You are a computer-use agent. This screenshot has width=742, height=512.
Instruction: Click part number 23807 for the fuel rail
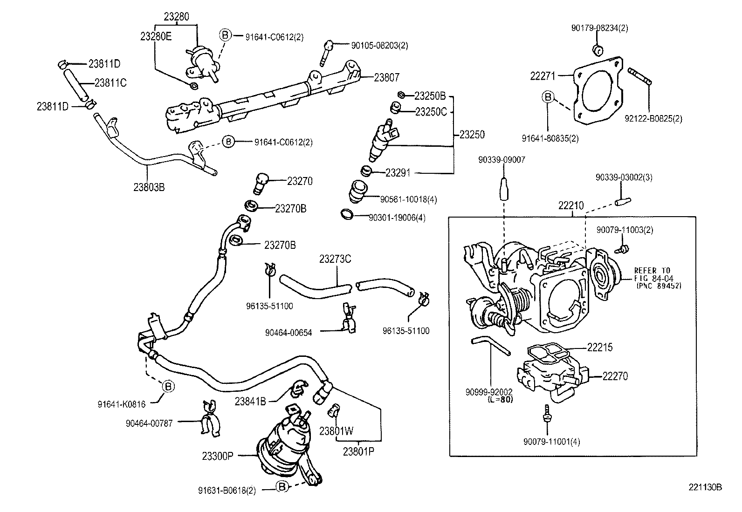[386, 78]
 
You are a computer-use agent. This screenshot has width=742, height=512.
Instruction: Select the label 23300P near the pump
[217, 456]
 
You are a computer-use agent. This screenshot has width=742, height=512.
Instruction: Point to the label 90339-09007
[502, 160]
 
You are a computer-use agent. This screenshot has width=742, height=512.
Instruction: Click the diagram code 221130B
[705, 487]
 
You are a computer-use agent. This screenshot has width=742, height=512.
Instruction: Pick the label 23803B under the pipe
[149, 187]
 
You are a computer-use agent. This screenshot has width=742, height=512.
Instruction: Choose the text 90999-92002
[488, 392]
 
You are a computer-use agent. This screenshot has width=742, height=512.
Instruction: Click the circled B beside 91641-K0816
[168, 386]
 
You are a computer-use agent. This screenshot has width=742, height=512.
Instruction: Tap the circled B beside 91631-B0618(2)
[282, 487]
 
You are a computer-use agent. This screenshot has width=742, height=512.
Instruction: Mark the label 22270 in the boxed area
[615, 376]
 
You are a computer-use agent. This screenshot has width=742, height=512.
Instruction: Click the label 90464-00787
[149, 423]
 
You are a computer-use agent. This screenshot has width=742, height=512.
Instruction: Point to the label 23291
[398, 173]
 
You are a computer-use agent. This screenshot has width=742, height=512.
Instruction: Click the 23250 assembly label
[472, 135]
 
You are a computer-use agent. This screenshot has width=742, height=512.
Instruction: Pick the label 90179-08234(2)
[599, 28]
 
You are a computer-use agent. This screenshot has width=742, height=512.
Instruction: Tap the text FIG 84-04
[654, 278]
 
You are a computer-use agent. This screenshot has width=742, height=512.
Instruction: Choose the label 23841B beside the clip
[250, 401]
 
